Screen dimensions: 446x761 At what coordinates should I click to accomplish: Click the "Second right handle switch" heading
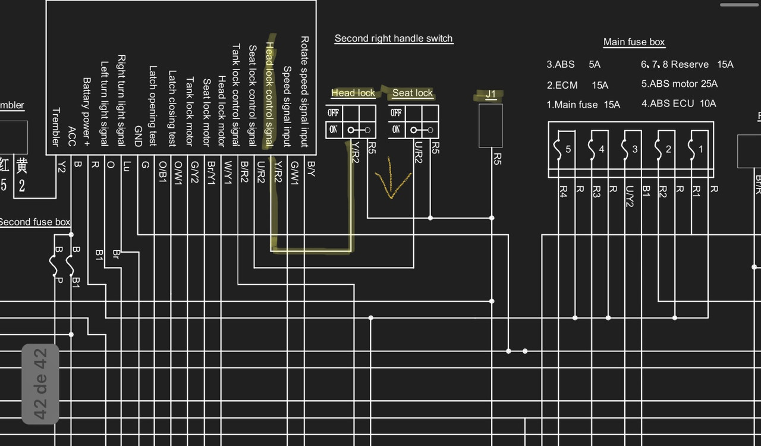[x=394, y=39]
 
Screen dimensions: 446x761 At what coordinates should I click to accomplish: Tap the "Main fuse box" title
[x=634, y=42]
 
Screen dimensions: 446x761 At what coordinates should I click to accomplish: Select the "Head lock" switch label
[x=353, y=93]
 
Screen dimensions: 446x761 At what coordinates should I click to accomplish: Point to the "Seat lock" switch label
[x=413, y=93]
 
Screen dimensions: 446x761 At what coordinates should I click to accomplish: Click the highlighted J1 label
[x=490, y=94]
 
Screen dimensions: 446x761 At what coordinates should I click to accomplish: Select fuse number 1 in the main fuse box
[x=696, y=149]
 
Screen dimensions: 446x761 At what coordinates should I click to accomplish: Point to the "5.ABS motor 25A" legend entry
[x=679, y=84]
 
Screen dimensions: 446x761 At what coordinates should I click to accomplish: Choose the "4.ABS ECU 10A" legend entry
[x=678, y=103]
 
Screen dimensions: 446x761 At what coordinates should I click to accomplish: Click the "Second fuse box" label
[x=34, y=222]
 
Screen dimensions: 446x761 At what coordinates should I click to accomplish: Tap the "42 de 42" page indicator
[x=40, y=384]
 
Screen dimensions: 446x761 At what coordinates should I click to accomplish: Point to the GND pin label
[x=138, y=136]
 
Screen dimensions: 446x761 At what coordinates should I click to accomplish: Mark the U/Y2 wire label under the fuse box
[x=630, y=196]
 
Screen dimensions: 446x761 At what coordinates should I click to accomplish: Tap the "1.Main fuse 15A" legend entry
[x=583, y=105]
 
